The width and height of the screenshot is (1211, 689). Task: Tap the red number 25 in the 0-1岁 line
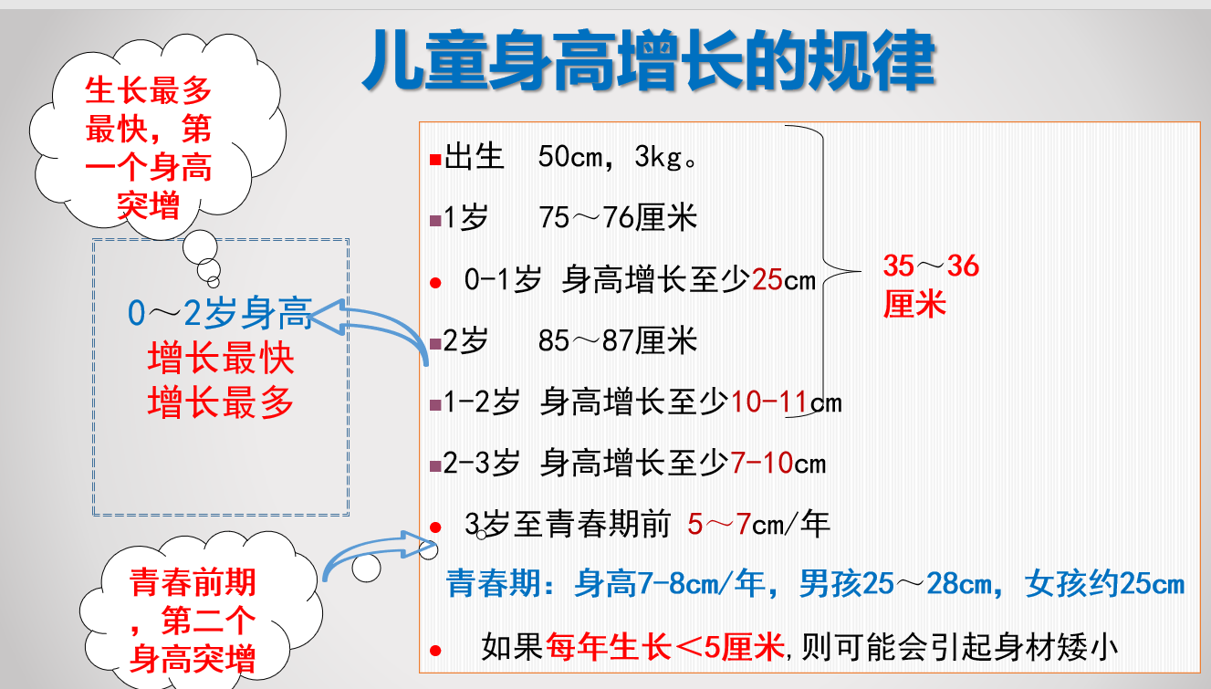pyautogui.click(x=767, y=280)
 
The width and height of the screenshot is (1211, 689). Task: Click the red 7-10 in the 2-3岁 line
pyautogui.click(x=762, y=464)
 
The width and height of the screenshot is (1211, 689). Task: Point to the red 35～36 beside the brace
pyautogui.click(x=931, y=266)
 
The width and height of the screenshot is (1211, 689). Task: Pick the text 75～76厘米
pyautogui.click(x=618, y=218)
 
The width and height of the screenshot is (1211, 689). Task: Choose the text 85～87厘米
pyautogui.click(x=618, y=340)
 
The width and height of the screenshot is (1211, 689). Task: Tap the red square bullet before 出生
pyautogui.click(x=435, y=160)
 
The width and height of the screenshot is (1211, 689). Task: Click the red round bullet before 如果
pyautogui.click(x=435, y=651)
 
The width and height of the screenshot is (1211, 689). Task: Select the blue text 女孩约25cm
pyautogui.click(x=1104, y=584)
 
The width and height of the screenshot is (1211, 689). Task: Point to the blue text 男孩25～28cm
pyautogui.click(x=896, y=584)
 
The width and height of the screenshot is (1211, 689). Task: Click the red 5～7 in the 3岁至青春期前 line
pyautogui.click(x=719, y=524)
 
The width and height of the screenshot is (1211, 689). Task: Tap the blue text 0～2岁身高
pyautogui.click(x=220, y=314)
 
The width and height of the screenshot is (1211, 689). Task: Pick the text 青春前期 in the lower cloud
pyautogui.click(x=193, y=582)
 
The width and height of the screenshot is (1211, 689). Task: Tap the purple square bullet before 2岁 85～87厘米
pyautogui.click(x=435, y=343)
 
